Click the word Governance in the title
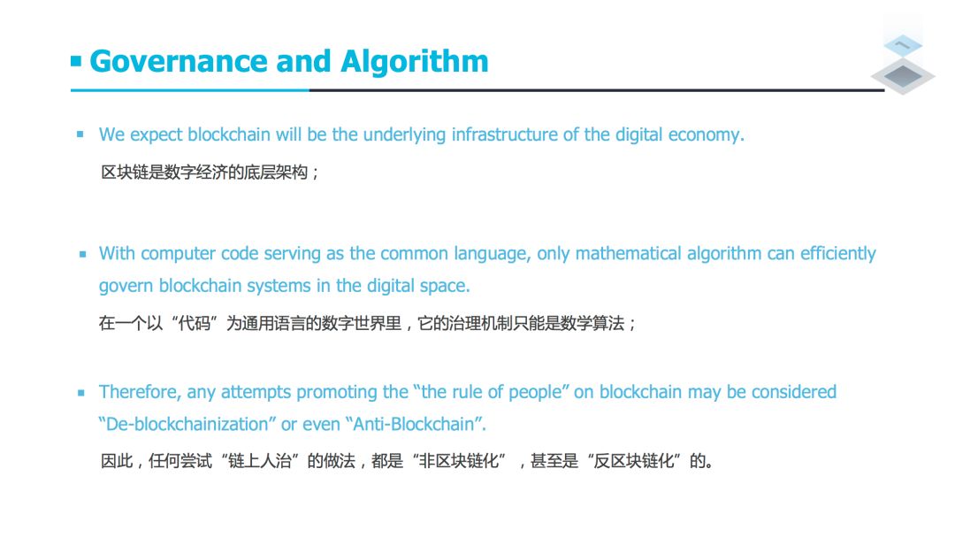[179, 62]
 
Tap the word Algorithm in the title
[414, 62]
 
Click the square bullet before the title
[76, 61]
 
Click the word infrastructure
[505, 134]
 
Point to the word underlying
[404, 134]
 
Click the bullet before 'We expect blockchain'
[80, 134]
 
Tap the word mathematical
[628, 253]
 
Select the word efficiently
[838, 253]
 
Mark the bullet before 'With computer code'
[83, 254]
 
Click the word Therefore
[139, 392]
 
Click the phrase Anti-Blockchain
[414, 424]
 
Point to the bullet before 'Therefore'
[81, 393]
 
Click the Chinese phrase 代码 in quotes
[195, 323]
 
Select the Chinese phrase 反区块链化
[634, 461]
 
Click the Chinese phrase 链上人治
[260, 461]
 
